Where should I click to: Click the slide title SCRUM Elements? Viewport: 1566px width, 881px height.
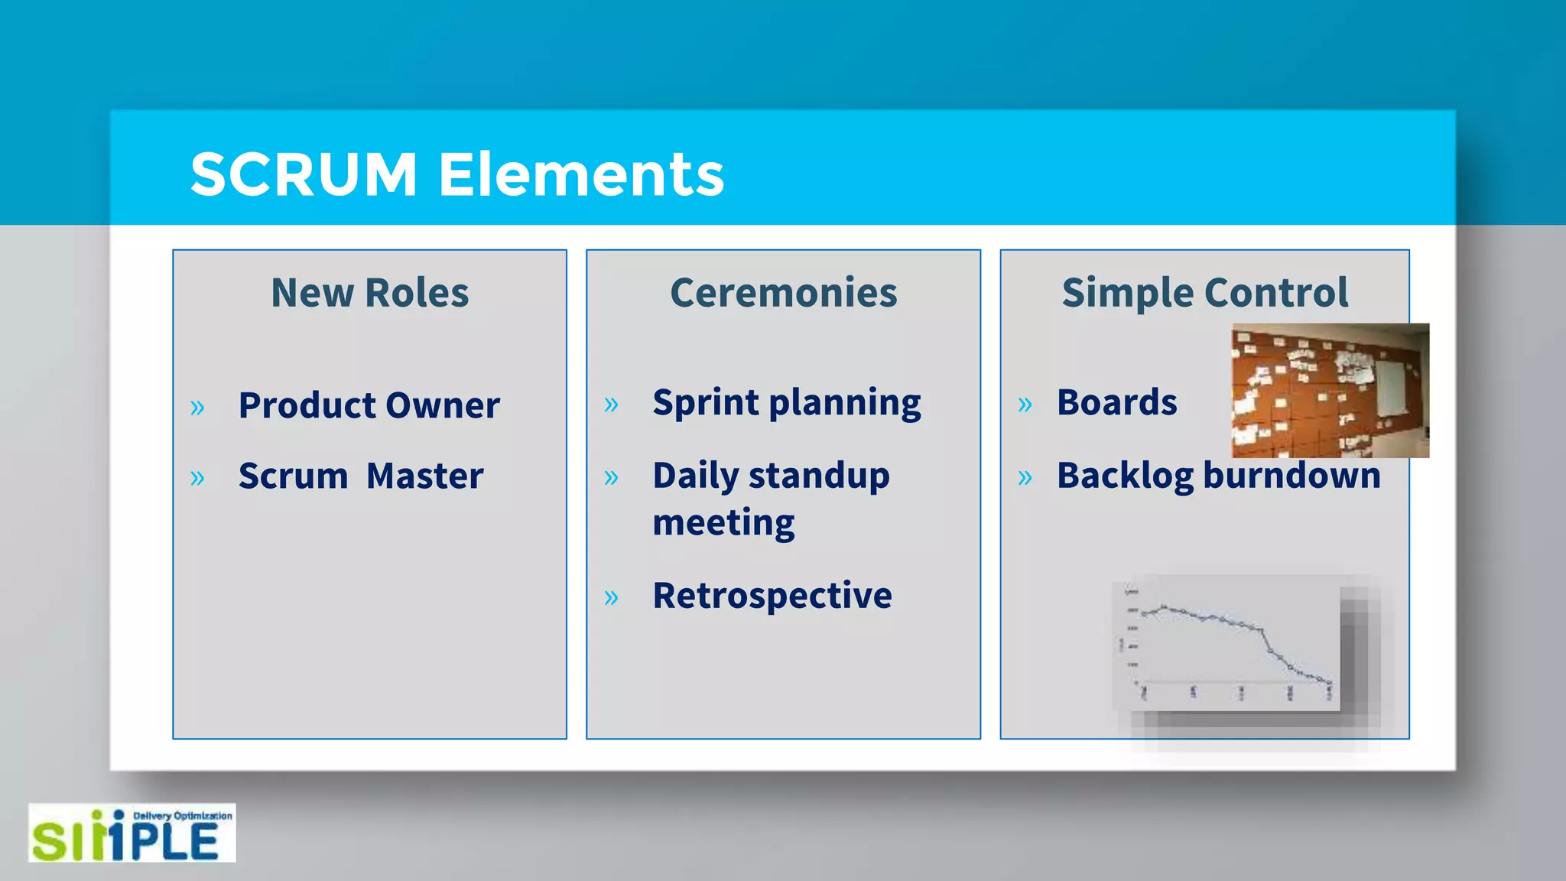456,175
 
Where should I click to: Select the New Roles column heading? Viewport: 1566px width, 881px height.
370,293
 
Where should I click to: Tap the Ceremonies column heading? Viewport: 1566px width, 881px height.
783,293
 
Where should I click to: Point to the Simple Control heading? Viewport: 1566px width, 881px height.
1205,293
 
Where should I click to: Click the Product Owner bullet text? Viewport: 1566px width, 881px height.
369,405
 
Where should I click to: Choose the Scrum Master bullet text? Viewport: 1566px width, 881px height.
361,476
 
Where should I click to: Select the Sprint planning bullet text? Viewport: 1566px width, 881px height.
787,403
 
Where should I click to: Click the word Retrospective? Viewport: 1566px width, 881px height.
772,596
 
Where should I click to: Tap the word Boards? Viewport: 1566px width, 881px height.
1116,402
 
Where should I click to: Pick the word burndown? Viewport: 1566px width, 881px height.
1291,476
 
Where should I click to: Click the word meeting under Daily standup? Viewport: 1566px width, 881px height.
723,523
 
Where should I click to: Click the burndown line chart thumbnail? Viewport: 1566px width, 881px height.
1226,643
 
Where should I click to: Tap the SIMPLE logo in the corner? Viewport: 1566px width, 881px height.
132,833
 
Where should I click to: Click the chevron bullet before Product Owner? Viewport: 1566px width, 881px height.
197,408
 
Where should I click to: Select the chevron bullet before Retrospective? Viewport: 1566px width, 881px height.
611,597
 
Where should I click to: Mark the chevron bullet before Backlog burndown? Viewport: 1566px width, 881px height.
1025,478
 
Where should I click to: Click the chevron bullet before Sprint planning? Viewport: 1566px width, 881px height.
611,405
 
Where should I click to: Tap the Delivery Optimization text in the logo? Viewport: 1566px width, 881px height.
183,816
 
